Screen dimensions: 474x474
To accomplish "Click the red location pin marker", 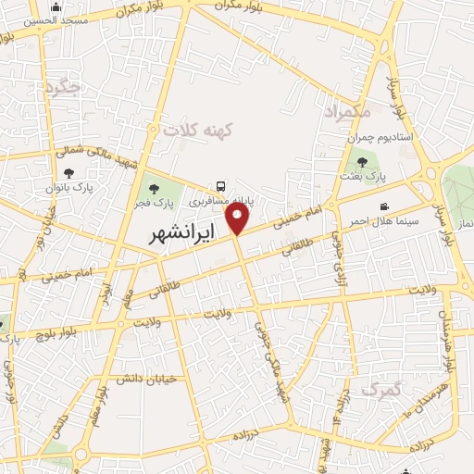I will click(x=239, y=219).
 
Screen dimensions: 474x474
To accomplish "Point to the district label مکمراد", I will click(x=346, y=111).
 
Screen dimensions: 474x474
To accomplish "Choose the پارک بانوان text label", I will click(x=69, y=188).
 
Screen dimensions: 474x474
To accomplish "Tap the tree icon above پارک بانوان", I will click(x=69, y=173).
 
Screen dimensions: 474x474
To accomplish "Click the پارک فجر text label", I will click(x=153, y=202).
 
